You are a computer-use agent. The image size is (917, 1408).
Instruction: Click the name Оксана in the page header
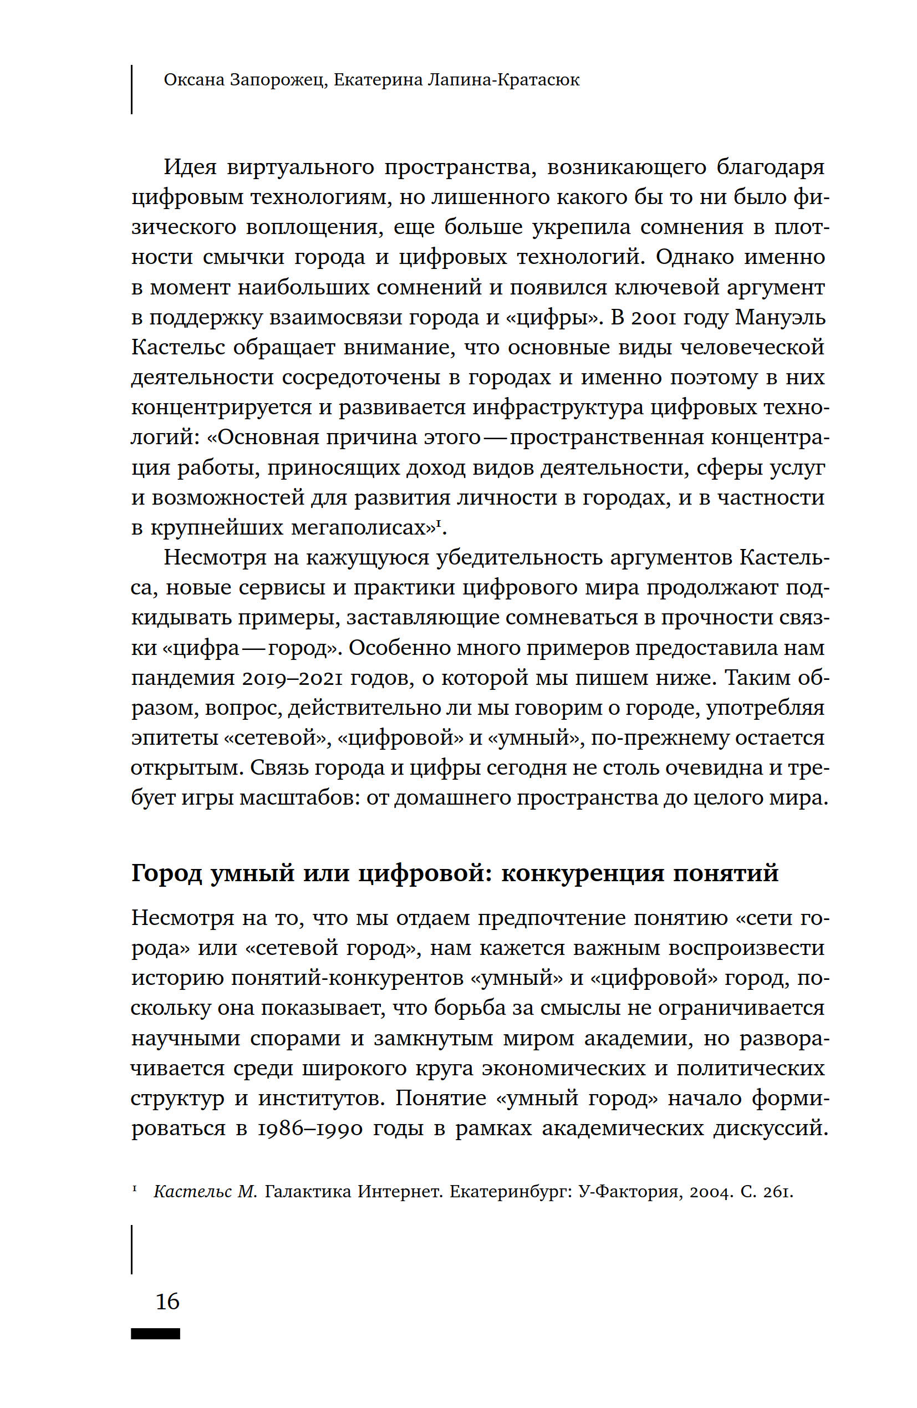click(x=193, y=80)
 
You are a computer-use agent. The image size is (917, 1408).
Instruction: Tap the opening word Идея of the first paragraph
click(x=190, y=167)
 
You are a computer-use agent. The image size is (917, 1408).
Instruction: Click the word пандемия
click(x=183, y=678)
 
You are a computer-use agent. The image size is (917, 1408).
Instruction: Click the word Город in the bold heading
click(x=166, y=873)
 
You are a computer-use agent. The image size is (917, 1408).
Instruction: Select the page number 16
click(x=167, y=1301)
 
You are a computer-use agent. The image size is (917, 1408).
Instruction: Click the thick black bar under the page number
click(x=156, y=1334)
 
